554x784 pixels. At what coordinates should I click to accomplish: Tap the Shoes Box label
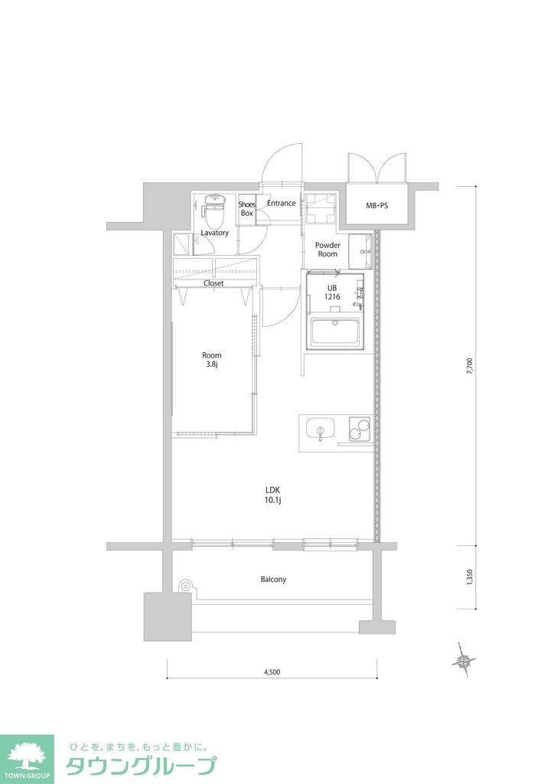pos(246,208)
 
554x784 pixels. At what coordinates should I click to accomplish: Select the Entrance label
pos(281,203)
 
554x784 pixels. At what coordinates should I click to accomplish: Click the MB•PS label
pos(376,206)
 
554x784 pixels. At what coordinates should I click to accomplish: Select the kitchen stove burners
pos(358,429)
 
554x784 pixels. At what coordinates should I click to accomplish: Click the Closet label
pos(213,283)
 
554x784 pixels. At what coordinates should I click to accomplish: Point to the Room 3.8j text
pos(212,360)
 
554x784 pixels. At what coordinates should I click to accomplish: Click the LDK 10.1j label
pos(273,495)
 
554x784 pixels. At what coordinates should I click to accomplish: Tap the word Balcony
pos(273,580)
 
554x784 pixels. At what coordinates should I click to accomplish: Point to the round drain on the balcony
pos(184,586)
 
